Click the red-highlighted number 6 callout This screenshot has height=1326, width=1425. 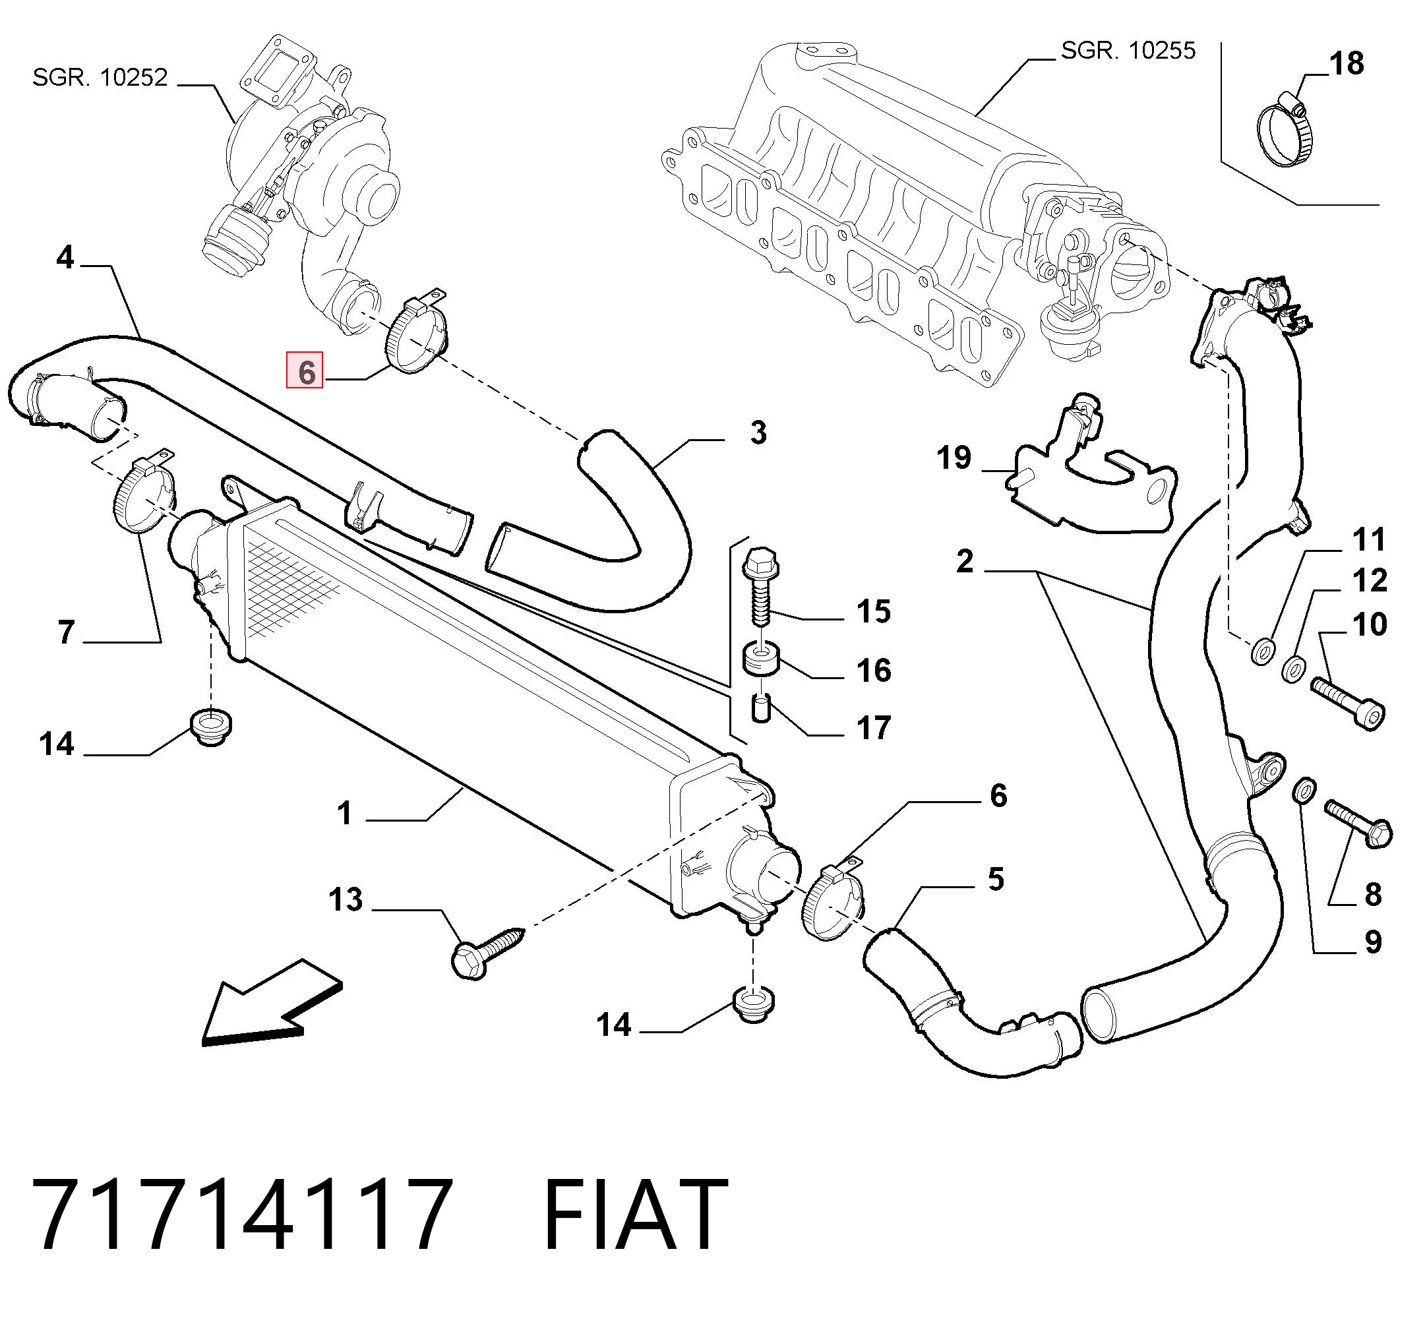point(305,371)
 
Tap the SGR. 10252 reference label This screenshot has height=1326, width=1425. point(100,76)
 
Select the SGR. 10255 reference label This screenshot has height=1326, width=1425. point(1128,50)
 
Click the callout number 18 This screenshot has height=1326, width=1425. point(1347,63)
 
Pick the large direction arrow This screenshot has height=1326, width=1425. point(272,1004)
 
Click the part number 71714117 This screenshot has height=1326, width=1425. point(241,1214)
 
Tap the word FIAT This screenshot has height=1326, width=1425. point(636,1214)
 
